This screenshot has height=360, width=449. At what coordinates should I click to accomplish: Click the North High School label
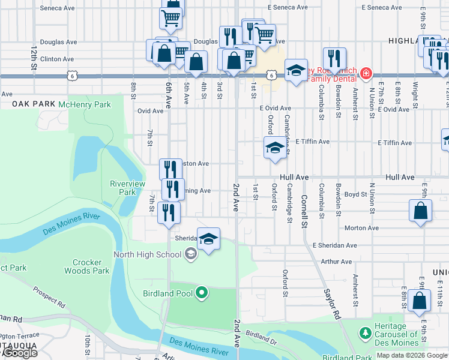tap(147, 254)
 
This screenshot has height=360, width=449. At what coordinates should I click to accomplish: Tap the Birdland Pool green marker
tap(202, 293)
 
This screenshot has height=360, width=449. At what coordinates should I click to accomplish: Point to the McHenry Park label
tap(85, 104)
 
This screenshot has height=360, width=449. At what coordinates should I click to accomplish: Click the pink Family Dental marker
tap(366, 74)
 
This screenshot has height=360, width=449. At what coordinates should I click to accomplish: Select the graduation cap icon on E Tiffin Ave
tap(274, 147)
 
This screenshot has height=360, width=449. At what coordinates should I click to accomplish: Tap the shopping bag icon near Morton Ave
tap(421, 211)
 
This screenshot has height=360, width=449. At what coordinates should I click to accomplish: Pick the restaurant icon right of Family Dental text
tap(334, 58)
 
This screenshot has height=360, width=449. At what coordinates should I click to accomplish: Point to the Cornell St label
tap(304, 208)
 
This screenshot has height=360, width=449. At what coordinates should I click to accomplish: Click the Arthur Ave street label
tap(336, 261)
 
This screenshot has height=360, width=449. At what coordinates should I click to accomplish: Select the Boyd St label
tap(355, 194)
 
